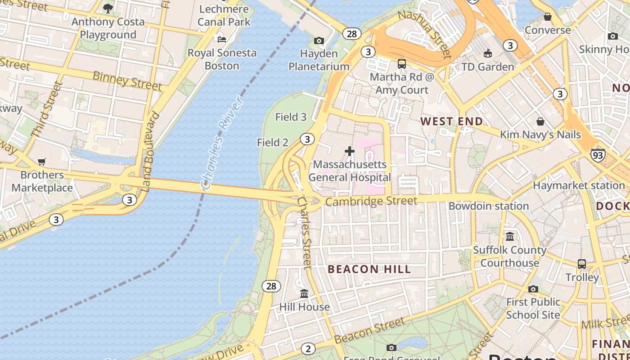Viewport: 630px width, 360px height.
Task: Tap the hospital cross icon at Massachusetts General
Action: pos(349,151)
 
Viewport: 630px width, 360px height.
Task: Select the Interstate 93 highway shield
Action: pos(598,155)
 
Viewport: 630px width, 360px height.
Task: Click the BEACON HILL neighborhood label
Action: pos(369,270)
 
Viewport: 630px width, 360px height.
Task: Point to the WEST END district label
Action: pos(451,121)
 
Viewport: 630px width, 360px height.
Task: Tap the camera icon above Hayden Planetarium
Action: pos(319,41)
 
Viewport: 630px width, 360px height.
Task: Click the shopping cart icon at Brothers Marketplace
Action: pos(42,162)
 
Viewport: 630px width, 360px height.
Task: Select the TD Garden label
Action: pos(487,67)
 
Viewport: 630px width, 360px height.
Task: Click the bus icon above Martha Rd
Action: pos(402,64)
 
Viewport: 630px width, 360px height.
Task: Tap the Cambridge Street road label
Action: pos(371,201)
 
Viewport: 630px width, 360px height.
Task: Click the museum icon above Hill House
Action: pos(304,294)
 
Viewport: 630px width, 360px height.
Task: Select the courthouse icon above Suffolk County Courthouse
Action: pos(510,236)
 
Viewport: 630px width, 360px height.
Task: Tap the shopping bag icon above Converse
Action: pos(548,17)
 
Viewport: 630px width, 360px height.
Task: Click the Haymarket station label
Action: pos(579,185)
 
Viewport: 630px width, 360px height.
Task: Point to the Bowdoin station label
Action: pos(488,206)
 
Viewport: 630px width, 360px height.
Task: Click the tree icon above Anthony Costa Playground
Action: pos(108,8)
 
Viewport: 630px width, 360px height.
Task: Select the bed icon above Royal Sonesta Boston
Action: pos(222,39)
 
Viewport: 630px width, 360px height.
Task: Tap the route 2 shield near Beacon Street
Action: pos(308,348)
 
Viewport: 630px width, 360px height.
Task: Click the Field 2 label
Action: pos(272,143)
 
